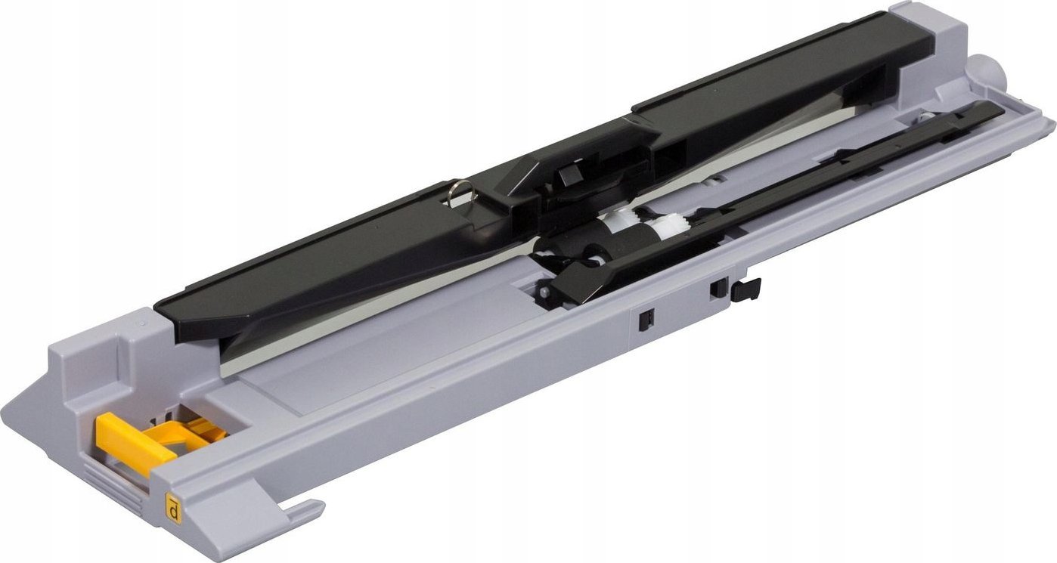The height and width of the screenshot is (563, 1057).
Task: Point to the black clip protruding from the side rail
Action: (x=747, y=289)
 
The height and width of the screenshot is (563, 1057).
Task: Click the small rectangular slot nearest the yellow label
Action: (x=645, y=320)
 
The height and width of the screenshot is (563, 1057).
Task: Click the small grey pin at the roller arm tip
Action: (x=542, y=289)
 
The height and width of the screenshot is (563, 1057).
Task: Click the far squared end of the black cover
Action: (x=900, y=45)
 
